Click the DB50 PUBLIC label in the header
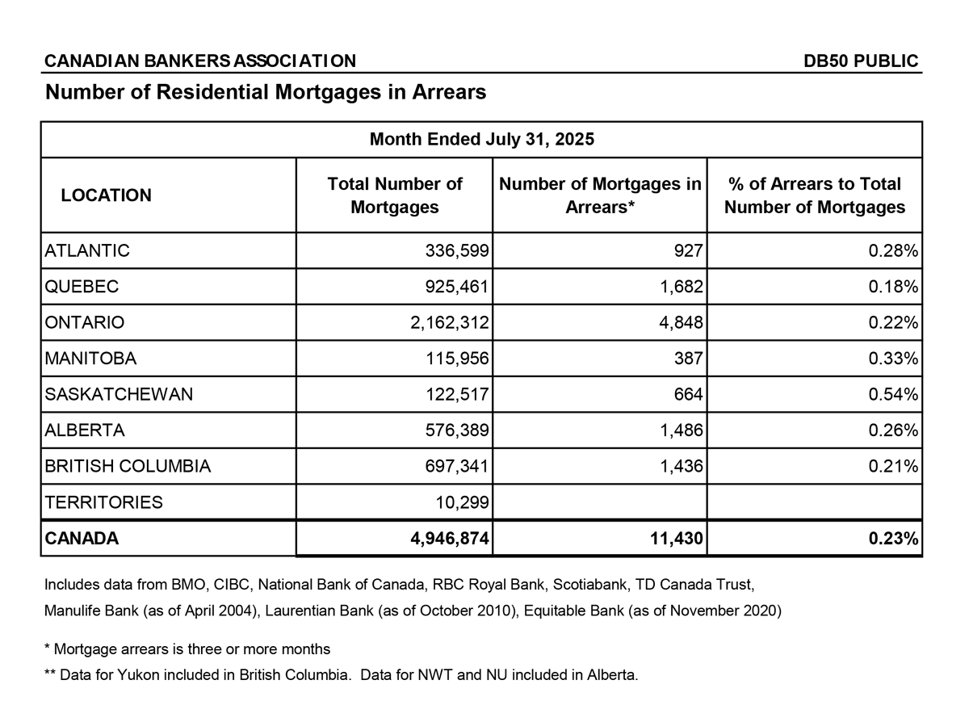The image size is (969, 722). (x=861, y=61)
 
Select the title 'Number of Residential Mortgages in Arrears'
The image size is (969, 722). (x=266, y=92)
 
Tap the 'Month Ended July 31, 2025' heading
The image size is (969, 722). (x=481, y=139)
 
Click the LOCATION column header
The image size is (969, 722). (x=106, y=195)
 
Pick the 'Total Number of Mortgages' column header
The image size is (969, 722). (x=394, y=195)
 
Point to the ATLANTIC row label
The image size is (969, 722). (x=87, y=251)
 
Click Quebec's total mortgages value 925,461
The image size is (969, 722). (x=457, y=287)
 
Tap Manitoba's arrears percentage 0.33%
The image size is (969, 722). (x=893, y=359)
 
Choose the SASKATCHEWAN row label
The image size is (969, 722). (x=119, y=395)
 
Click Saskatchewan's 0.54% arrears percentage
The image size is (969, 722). (x=893, y=395)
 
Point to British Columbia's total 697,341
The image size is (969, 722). (x=457, y=467)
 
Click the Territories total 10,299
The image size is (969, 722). (x=462, y=502)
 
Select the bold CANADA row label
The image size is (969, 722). (x=82, y=539)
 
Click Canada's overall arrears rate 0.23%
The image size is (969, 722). (x=893, y=539)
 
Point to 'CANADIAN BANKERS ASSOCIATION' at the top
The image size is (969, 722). (x=200, y=61)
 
